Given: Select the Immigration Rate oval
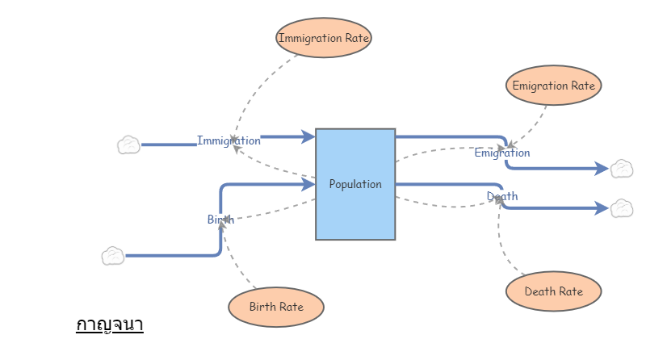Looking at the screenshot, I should click(324, 38).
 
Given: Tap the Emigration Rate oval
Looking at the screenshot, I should click(553, 86).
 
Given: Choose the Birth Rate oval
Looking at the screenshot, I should click(276, 307).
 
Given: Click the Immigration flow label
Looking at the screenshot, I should click(229, 140).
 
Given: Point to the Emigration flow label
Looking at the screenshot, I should click(502, 153).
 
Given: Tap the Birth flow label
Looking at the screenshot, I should click(220, 220).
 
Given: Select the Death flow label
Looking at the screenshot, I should click(502, 196).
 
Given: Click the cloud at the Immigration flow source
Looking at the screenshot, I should click(128, 145).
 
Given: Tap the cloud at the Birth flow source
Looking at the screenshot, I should click(113, 257).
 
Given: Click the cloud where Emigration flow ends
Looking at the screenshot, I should click(621, 169).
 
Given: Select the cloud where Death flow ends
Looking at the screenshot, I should click(621, 208).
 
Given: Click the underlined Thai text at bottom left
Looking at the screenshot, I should click(109, 325).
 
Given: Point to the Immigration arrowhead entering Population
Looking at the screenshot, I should click(308, 137).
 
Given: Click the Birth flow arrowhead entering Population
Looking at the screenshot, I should click(308, 185).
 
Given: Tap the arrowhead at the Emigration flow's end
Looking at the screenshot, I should click(601, 169).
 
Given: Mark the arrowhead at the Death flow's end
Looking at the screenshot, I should click(601, 208).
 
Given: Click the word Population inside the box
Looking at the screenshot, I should click(355, 184).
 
